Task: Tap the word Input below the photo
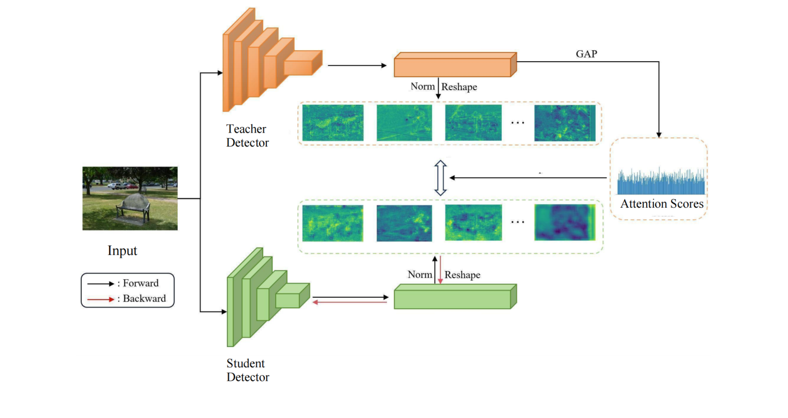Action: tap(122, 251)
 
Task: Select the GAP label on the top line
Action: tap(586, 54)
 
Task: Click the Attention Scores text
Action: tap(662, 204)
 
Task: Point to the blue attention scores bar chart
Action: tap(661, 182)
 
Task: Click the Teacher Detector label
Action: tap(247, 136)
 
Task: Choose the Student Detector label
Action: tap(248, 370)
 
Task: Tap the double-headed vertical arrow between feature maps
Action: tap(440, 178)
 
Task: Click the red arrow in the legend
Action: tap(101, 299)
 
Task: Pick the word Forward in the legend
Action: tap(140, 283)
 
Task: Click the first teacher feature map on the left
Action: tap(333, 123)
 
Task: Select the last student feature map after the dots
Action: tap(565, 223)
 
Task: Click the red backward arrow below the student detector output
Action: tap(350, 302)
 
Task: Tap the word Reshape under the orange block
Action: tap(459, 87)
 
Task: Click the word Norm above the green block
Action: tap(420, 275)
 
